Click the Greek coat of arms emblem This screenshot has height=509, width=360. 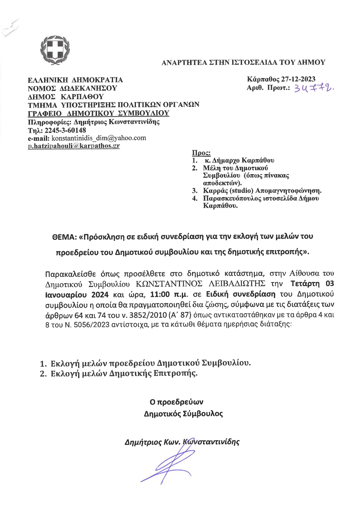click(55, 50)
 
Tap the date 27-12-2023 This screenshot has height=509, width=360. click(298, 79)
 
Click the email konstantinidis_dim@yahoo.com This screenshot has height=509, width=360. click(99, 138)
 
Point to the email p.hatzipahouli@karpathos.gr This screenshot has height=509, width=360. click(74, 146)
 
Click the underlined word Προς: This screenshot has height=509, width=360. click(201, 153)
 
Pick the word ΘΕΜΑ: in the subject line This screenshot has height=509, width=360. click(64, 237)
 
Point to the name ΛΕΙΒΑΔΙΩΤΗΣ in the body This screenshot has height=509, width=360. click(237, 284)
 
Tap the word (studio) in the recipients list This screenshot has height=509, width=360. click(241, 191)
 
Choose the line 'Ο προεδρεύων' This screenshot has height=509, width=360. click(176, 402)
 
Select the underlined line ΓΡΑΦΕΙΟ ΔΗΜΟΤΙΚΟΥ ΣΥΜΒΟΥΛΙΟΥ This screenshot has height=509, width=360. click(98, 113)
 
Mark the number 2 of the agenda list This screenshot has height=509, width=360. click(43, 374)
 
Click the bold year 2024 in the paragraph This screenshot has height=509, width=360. click(100, 295)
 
